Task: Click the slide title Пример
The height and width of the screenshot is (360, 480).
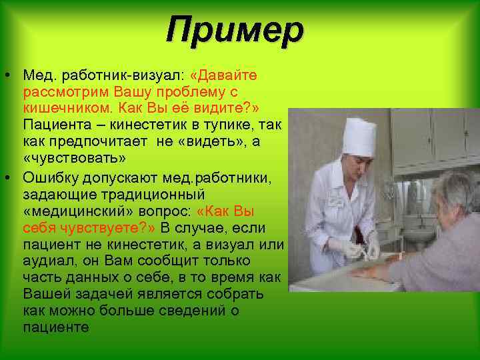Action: click(x=235, y=30)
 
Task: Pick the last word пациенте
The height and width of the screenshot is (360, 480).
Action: click(x=55, y=328)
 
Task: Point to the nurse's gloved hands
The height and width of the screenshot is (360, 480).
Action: click(x=360, y=248)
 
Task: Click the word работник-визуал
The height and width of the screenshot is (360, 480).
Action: click(x=106, y=73)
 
